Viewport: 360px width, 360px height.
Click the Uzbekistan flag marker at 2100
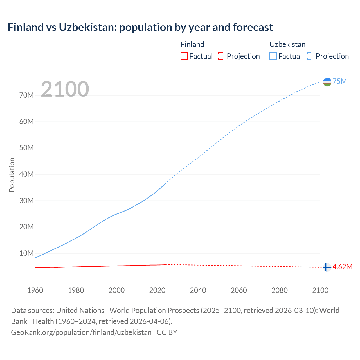click(x=327, y=82)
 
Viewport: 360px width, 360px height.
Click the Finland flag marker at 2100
click(x=327, y=267)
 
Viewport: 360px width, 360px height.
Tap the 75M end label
click(x=340, y=82)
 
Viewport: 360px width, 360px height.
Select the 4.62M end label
click(x=343, y=267)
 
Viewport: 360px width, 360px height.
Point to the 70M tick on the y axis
click(x=26, y=95)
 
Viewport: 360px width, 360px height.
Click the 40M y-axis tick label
click(x=26, y=174)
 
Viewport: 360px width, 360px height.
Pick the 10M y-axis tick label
click(x=26, y=253)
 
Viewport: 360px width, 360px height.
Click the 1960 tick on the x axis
click(x=35, y=290)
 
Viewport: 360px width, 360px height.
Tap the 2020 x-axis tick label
click(x=157, y=290)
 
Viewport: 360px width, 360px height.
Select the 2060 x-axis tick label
click(x=239, y=290)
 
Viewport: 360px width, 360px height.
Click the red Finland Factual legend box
click(x=184, y=56)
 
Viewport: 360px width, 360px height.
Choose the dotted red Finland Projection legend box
click(x=222, y=56)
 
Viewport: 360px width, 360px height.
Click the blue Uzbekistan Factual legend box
click(x=273, y=56)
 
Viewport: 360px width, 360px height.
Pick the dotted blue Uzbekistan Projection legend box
click(x=310, y=56)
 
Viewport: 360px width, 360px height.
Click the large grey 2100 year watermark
click(x=65, y=89)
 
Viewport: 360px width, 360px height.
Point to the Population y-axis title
click(x=12, y=175)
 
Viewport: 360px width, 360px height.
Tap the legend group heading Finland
click(x=192, y=44)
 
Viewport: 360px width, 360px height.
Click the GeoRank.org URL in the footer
click(x=81, y=332)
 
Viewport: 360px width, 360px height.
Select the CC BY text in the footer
click(x=167, y=332)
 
